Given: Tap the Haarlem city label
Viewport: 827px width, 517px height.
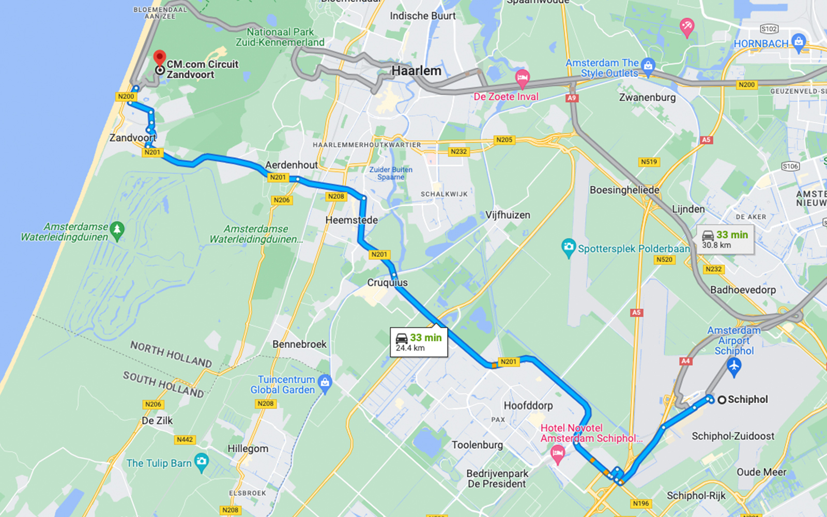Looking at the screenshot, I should click(x=416, y=71).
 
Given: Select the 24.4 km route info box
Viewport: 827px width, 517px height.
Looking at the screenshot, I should click(x=419, y=342).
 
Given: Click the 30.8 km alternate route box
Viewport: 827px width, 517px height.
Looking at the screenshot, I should click(x=725, y=239).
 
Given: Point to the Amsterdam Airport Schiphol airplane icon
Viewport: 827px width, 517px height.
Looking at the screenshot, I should click(x=734, y=367).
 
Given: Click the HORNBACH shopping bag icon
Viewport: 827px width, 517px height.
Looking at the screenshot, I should click(x=799, y=42).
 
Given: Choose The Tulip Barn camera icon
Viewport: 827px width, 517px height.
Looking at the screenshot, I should click(x=202, y=462).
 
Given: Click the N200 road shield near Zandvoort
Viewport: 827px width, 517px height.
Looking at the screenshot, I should click(x=126, y=97).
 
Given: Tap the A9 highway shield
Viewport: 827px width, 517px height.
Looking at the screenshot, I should click(x=571, y=98).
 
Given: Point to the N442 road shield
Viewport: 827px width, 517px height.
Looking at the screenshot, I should click(x=185, y=439).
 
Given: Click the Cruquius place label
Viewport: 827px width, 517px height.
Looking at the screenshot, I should click(x=387, y=282).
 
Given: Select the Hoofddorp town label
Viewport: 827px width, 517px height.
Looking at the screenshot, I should click(x=528, y=405).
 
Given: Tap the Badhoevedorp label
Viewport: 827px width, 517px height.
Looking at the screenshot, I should click(x=743, y=290).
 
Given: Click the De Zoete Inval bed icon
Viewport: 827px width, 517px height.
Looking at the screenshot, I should click(x=522, y=79).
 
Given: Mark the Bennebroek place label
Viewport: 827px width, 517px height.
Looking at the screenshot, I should click(x=299, y=344).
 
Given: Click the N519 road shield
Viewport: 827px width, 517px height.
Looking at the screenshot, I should click(x=649, y=162).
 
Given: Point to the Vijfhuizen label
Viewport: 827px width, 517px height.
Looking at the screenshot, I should click(x=508, y=215).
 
